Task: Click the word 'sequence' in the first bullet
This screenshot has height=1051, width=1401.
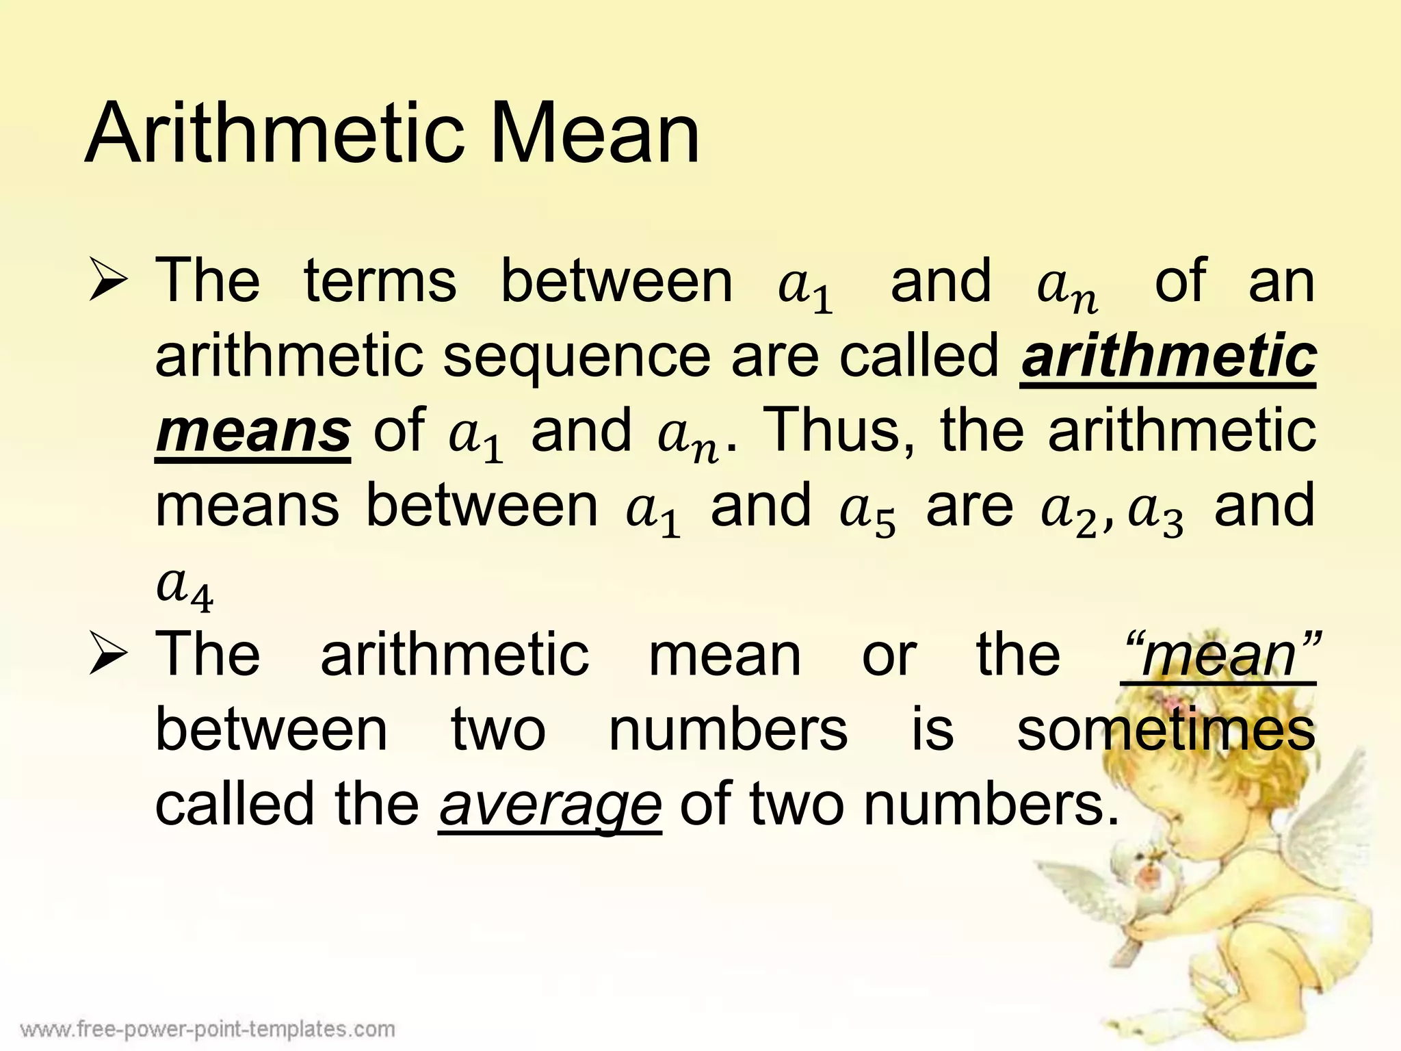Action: tap(577, 357)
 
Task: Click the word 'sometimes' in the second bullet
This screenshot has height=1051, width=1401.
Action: tap(1166, 730)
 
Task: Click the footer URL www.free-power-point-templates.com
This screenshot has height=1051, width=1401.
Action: tap(208, 1028)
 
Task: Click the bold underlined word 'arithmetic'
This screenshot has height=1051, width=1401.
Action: tap(1168, 357)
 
